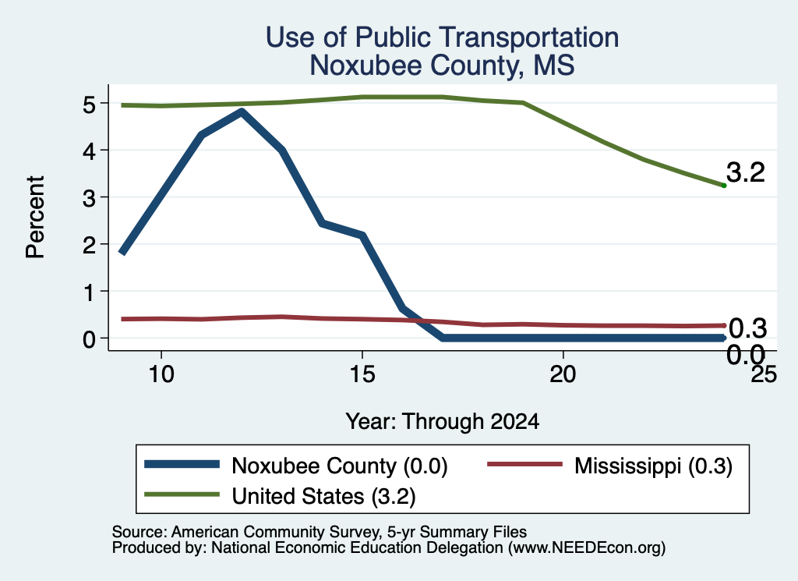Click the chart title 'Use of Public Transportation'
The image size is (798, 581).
pos(443,37)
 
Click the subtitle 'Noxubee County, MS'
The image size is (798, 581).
pos(443,66)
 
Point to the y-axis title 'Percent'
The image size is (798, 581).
pos(36,217)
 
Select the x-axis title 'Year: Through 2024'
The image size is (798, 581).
pos(443,422)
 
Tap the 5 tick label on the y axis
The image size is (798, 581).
pos(89,105)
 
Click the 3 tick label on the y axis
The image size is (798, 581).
pos(89,197)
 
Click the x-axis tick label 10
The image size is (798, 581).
pos(161,374)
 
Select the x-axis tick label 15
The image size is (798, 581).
pos(362,374)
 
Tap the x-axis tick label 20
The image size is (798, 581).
pos(563,374)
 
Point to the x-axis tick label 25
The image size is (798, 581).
pos(764,374)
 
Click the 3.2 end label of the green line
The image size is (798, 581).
pos(746,172)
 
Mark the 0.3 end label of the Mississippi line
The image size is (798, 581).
pos(747,328)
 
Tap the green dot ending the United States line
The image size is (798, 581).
pos(724,186)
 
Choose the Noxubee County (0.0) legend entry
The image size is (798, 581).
pos(295,466)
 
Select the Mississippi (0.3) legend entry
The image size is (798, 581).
pos(609,466)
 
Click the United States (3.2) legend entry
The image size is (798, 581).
pos(280,496)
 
